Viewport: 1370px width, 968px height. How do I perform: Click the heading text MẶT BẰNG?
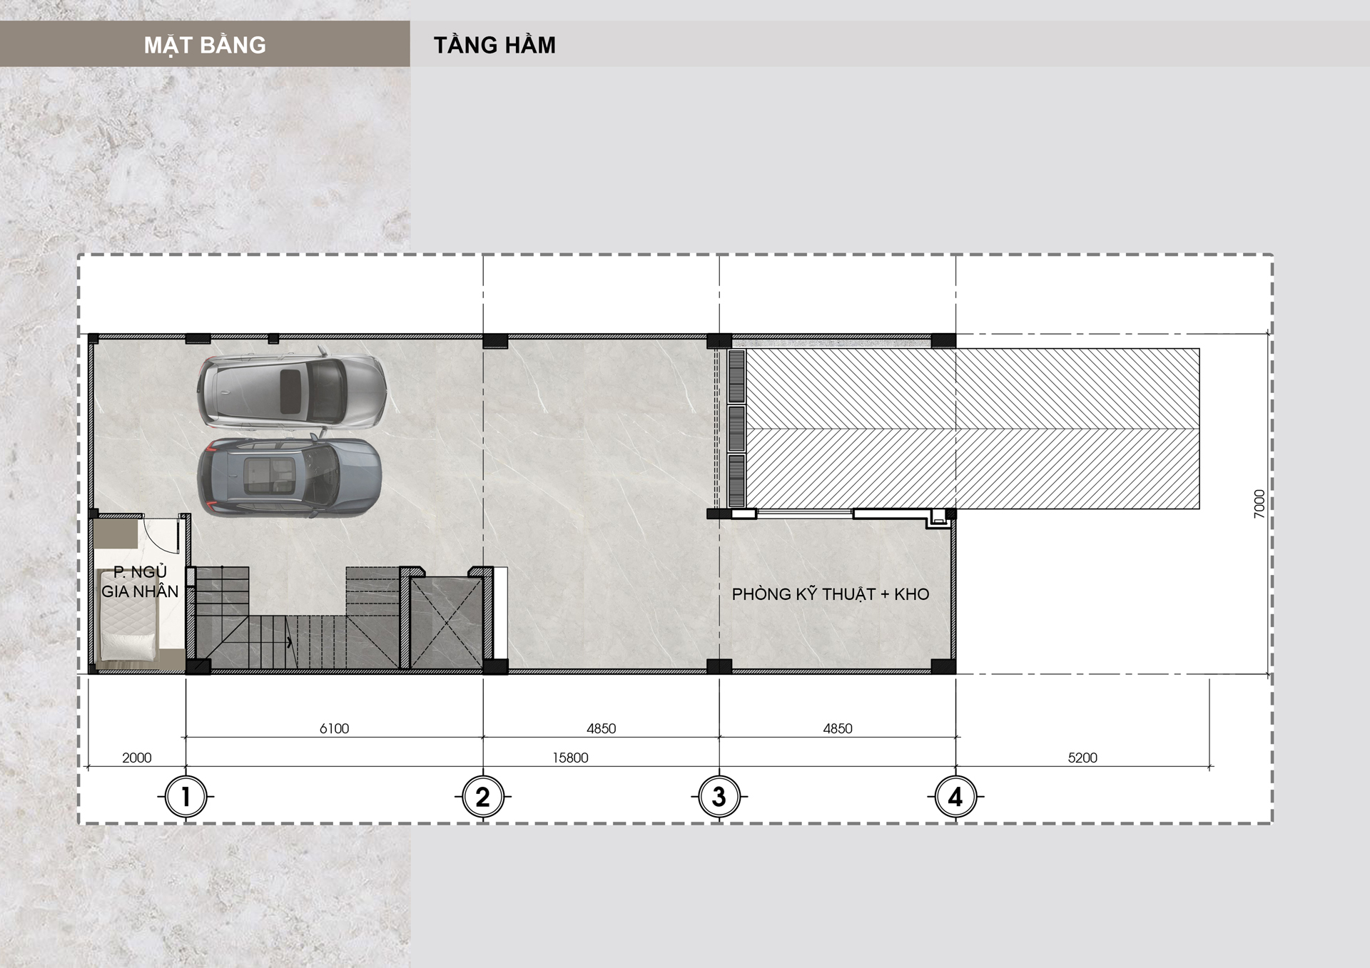tap(205, 46)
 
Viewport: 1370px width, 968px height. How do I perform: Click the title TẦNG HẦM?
tap(494, 45)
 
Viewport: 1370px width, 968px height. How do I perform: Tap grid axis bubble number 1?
tap(186, 796)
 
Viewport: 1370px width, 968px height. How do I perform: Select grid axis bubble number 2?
tap(483, 796)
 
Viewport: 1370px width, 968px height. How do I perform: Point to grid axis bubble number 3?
tap(719, 796)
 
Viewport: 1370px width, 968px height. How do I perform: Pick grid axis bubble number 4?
tap(956, 796)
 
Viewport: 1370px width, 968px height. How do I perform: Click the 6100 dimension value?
tap(334, 728)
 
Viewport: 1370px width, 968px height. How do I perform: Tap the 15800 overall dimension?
tap(570, 758)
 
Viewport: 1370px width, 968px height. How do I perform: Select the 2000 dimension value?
tap(136, 758)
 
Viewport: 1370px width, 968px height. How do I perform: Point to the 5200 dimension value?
tap(1082, 758)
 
